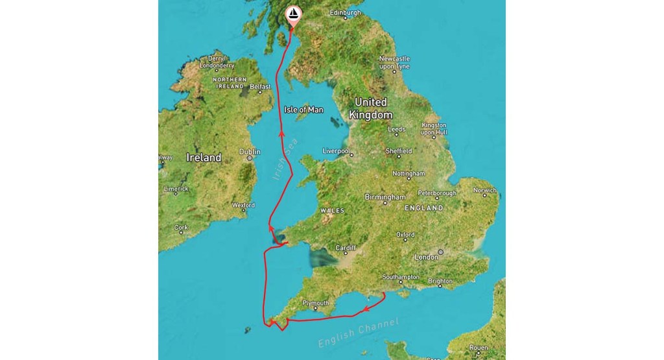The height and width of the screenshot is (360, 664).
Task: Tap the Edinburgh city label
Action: [345, 13]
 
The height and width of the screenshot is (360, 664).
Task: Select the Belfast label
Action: [259, 86]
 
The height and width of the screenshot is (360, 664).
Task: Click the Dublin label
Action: [250, 152]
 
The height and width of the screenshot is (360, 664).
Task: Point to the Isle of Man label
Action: [303, 110]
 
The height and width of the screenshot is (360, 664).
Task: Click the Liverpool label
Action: [337, 151]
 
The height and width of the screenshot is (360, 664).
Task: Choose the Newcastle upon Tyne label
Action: [394, 62]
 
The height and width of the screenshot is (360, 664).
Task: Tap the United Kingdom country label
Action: [370, 108]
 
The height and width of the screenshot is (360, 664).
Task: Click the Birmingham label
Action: [385, 197]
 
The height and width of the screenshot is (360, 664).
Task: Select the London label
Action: [426, 258]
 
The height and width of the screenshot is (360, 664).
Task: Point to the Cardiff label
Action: [345, 248]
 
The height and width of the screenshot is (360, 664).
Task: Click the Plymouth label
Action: [316, 303]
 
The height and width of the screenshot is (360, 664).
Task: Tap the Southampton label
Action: [401, 277]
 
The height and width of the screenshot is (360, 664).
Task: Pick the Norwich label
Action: [484, 191]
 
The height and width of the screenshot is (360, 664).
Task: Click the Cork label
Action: [181, 228]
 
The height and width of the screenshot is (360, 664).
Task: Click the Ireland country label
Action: [204, 158]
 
